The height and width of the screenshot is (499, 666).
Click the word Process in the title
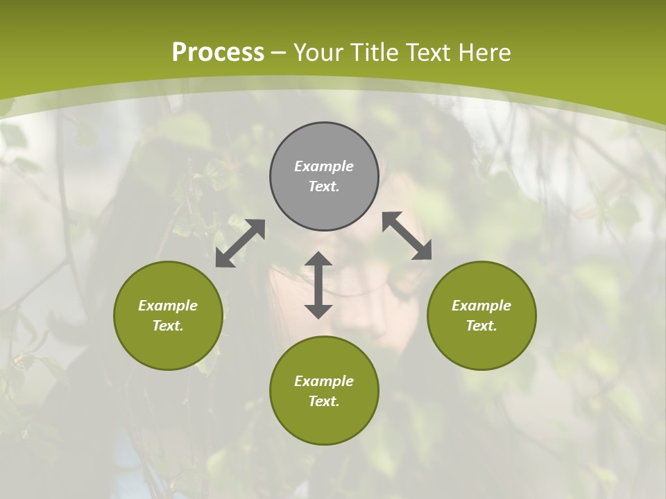[218, 53]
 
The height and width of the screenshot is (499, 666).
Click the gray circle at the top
[324, 176]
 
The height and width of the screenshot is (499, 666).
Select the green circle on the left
[168, 315]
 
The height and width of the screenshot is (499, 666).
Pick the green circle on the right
[481, 315]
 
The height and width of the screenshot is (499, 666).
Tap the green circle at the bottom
[324, 390]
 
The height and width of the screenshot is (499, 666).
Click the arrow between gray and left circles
[240, 243]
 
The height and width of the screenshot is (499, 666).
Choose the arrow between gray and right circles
[407, 236]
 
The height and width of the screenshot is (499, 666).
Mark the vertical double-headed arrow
[318, 285]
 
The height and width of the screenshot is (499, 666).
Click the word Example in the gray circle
[324, 166]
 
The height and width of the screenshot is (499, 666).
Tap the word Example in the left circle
[168, 306]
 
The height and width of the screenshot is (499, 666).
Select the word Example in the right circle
[481, 306]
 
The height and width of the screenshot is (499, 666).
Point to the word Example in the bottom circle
[324, 381]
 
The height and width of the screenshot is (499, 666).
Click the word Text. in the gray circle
[324, 186]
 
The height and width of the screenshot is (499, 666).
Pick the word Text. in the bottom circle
[324, 401]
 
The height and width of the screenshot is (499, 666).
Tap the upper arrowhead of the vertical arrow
[318, 261]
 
